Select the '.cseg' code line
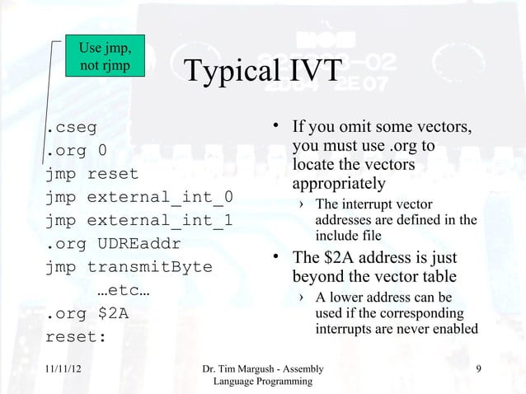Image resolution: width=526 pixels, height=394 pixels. click(70, 128)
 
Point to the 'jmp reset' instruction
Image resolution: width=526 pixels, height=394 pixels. click(92, 175)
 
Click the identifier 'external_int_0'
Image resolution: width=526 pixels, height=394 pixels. click(160, 198)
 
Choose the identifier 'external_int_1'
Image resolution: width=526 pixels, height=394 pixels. click(160, 221)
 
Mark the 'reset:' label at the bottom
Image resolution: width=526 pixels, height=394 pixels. click(75, 337)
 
